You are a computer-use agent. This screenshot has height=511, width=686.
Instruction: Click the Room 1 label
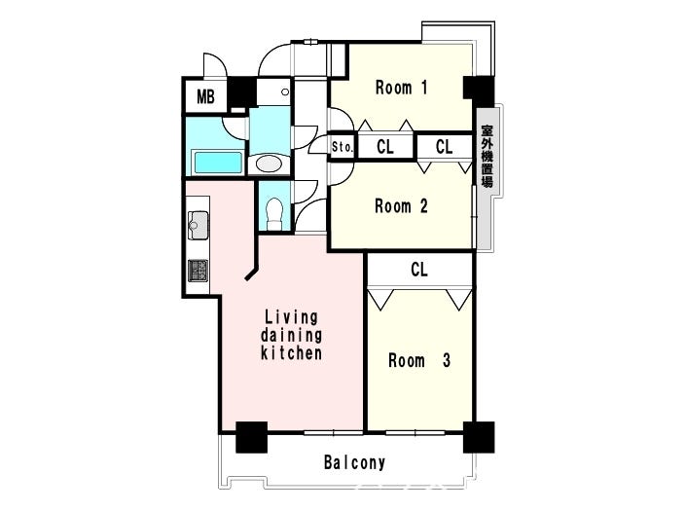point(401,88)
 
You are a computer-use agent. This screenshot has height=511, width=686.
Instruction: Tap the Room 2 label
point(401,205)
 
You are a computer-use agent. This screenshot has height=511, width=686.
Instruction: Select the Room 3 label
point(419,360)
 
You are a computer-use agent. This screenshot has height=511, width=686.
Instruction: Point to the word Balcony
point(354,462)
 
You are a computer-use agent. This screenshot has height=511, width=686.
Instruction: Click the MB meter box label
point(205,96)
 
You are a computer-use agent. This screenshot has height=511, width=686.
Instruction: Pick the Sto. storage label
point(343,147)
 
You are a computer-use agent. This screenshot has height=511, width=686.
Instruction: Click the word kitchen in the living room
point(291,353)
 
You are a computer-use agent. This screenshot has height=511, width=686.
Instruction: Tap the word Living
point(291,317)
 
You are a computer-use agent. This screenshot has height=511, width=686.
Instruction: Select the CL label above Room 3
point(419,270)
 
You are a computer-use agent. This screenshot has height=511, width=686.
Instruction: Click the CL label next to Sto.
point(385,147)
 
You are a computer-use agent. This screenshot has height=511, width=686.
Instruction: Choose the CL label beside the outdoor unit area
point(444,147)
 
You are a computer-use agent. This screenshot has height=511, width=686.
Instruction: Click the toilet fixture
point(274,213)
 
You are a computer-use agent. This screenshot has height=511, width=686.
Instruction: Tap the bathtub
point(217,163)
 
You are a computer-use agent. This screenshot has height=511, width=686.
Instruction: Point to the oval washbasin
point(269,164)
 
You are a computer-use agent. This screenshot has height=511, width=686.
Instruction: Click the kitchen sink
point(199,225)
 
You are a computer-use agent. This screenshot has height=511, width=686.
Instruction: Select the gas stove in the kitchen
point(199,271)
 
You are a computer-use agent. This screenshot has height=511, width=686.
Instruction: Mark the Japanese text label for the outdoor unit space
point(487,156)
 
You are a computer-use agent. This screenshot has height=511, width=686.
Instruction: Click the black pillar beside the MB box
point(241,92)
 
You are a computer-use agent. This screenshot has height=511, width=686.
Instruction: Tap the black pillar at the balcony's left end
point(252,437)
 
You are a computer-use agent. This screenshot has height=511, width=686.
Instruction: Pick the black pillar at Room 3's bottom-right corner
point(479,437)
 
